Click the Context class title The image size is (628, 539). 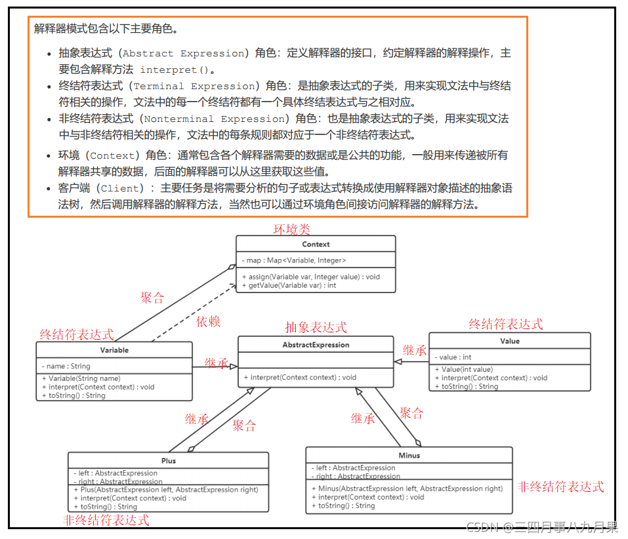coord(316,244)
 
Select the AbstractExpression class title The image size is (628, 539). coord(316,345)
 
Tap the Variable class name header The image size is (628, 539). coord(114,350)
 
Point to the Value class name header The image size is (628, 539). coord(509,341)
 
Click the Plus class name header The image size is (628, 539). coord(169,460)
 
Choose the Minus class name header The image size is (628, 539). coord(409,455)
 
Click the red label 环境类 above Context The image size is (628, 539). coord(291,229)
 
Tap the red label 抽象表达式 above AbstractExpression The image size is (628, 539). coord(316,327)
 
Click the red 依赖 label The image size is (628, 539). coord(208,321)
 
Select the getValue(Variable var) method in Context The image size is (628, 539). coord(289,286)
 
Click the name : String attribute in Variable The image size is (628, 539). coord(66,366)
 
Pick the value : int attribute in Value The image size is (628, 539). coord(453,357)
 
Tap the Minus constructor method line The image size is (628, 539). coord(407,489)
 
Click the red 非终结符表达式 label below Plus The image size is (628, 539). coord(106,520)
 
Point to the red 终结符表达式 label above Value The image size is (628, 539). coord(506,324)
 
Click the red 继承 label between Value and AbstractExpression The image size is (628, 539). coord(415,349)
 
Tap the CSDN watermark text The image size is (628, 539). coord(541,527)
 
